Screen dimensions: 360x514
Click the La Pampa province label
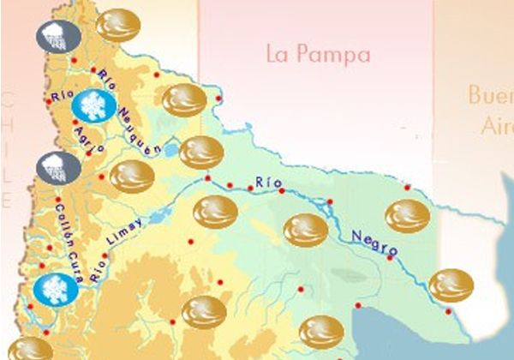click(x=319, y=56)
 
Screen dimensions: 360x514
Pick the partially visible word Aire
click(x=496, y=126)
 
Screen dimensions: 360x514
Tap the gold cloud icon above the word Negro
click(x=407, y=216)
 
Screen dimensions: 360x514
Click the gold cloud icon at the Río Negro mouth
click(x=451, y=285)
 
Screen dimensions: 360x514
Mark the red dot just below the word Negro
click(x=390, y=257)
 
